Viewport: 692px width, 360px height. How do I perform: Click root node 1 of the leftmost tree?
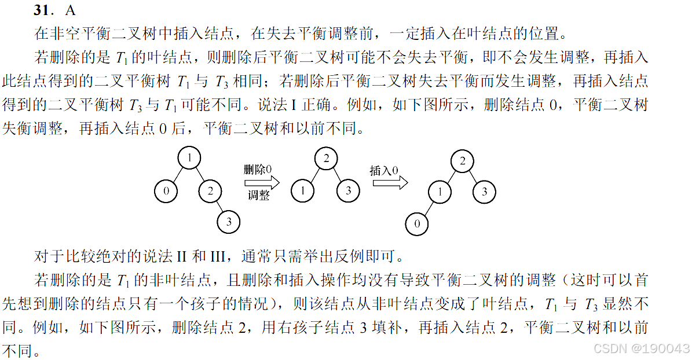coord(189,158)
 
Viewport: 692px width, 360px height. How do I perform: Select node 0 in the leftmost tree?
coord(166,191)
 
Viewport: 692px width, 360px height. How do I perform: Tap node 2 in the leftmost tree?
coord(211,191)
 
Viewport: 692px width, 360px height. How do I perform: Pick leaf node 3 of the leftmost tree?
coord(229,221)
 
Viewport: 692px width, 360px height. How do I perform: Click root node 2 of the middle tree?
coord(326,159)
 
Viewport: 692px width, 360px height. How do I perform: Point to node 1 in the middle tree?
coord(303,190)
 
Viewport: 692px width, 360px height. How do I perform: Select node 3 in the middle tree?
coord(349,190)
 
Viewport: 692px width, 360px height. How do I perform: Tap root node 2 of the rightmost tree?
coord(463,161)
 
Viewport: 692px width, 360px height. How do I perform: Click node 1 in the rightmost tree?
coord(440,192)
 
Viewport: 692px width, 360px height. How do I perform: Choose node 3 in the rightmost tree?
coord(485,192)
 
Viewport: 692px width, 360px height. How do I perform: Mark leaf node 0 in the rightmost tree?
coord(417,223)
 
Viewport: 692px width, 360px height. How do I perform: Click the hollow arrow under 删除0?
coord(262,182)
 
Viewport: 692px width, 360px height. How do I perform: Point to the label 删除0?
coord(258,170)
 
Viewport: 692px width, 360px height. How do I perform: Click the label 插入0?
coord(385,171)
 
